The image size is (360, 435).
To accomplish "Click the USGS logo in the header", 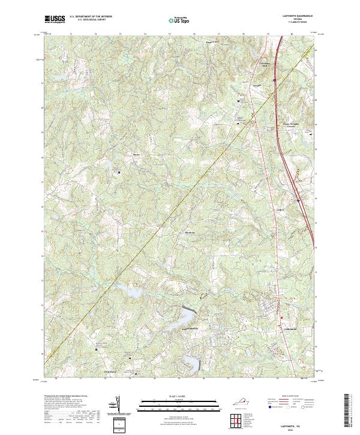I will tap(54, 19).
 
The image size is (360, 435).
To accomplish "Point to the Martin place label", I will tap(136, 154).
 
